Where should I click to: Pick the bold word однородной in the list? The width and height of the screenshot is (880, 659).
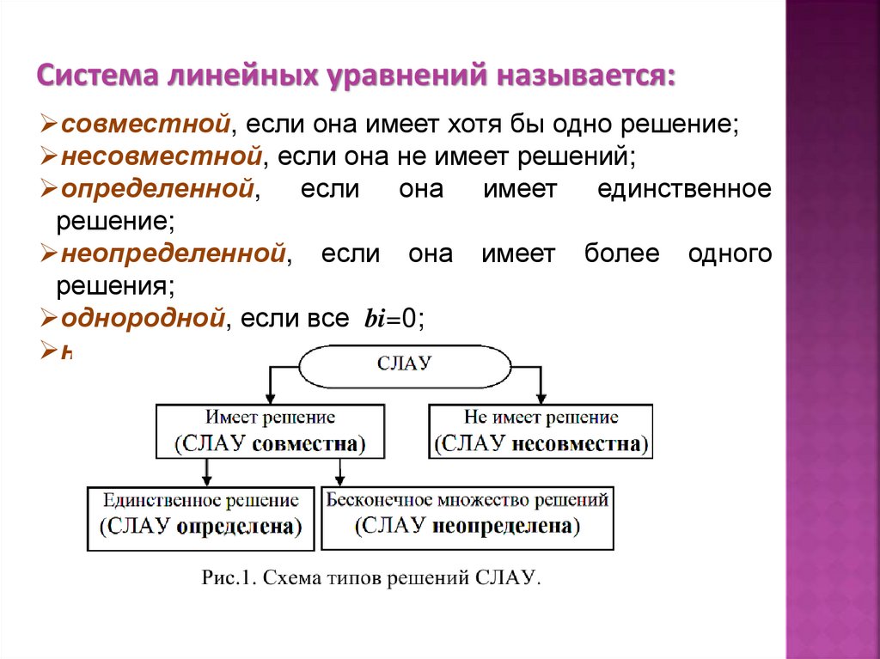pos(143,320)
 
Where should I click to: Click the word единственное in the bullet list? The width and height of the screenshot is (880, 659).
pos(683,189)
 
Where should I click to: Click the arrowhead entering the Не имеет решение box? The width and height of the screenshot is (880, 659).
pos(541,399)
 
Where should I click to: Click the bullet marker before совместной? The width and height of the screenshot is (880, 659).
pos(49,125)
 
